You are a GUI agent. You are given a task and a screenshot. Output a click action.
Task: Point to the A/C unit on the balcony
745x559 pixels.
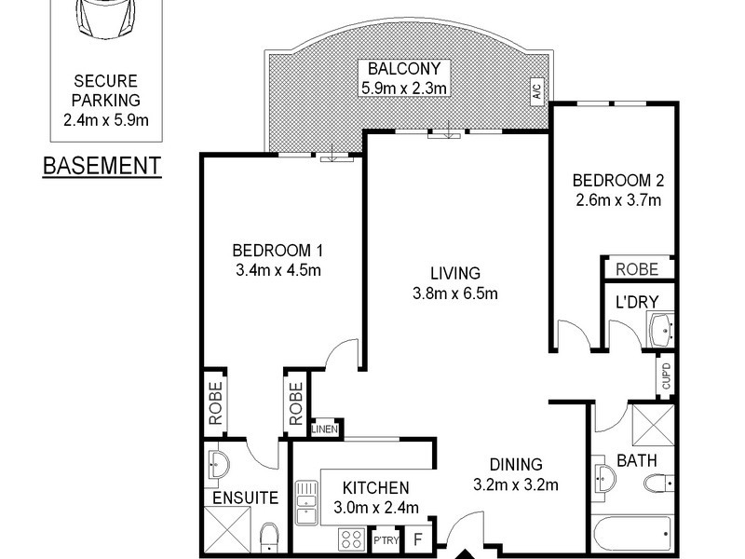coord(535,90)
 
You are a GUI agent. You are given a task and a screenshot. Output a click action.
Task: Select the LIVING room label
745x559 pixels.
coord(454,273)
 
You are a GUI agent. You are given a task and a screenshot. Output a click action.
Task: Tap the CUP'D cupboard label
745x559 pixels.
coord(666,375)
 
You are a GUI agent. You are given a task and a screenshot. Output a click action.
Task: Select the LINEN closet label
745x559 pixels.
coord(325,429)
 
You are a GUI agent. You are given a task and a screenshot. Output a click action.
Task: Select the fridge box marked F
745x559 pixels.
coord(418,539)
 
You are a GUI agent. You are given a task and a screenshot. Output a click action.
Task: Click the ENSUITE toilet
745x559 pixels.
coord(269,537)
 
